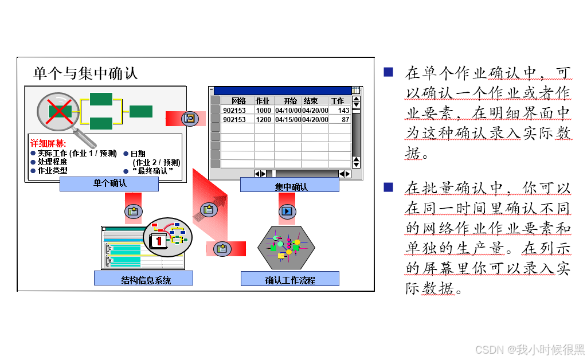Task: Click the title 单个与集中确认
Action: pyautogui.click(x=86, y=73)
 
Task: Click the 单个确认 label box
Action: pyautogui.click(x=109, y=184)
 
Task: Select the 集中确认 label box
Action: pyautogui.click(x=290, y=185)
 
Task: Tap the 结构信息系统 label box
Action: pyautogui.click(x=143, y=279)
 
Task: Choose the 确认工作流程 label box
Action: pyautogui.click(x=290, y=279)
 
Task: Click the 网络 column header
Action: pyautogui.click(x=238, y=101)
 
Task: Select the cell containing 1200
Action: pyautogui.click(x=264, y=120)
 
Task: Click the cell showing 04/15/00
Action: pyautogui.click(x=287, y=120)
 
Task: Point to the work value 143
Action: pyautogui.click(x=343, y=111)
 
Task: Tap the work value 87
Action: pyautogui.click(x=345, y=120)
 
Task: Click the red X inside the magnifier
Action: pyautogui.click(x=59, y=111)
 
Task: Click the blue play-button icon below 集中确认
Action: pyautogui.click(x=287, y=212)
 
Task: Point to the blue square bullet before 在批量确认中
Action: pyautogui.click(x=388, y=187)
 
